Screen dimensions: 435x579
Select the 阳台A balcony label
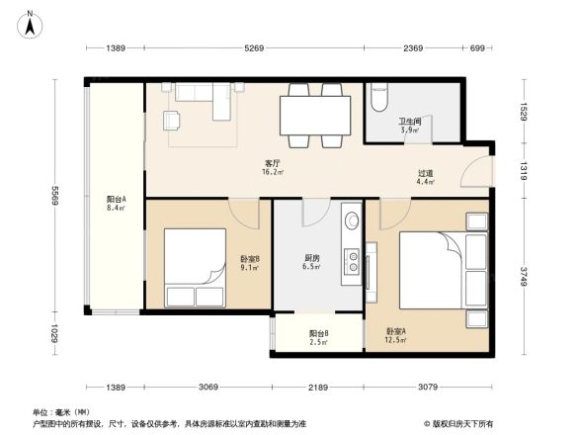[x=116, y=205]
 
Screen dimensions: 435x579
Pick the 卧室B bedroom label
[x=250, y=263]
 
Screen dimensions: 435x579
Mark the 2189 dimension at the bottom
[x=319, y=386]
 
